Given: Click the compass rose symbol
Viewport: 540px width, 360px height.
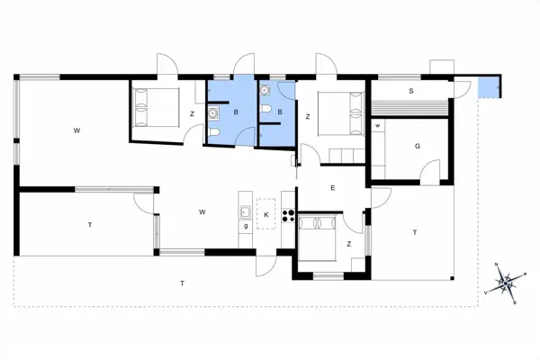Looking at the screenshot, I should click(507, 282).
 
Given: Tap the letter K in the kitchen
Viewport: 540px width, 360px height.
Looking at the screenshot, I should click(267, 213).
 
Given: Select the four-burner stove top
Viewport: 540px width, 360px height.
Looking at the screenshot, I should click(289, 214).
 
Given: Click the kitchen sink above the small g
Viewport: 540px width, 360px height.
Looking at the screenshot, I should click(245, 212).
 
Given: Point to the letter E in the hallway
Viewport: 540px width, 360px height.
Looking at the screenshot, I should click(332, 187).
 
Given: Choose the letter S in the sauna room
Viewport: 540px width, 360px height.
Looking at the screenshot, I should click(411, 91).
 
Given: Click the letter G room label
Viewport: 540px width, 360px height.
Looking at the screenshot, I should click(418, 145).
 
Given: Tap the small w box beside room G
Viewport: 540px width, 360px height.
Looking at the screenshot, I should click(378, 125).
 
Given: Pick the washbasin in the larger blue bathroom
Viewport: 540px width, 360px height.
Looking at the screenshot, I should click(214, 112).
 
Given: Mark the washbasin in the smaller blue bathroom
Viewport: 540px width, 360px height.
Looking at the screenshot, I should click(265, 91).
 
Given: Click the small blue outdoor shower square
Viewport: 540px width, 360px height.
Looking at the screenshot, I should click(488, 87).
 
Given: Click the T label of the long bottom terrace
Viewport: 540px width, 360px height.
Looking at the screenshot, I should click(182, 283).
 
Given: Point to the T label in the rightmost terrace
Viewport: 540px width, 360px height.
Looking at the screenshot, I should click(415, 232).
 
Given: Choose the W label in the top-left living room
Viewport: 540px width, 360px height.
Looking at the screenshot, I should click(77, 131).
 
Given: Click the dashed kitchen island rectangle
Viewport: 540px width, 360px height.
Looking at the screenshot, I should click(267, 213).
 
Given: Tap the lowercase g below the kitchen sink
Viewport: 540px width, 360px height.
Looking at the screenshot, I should click(246, 226).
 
